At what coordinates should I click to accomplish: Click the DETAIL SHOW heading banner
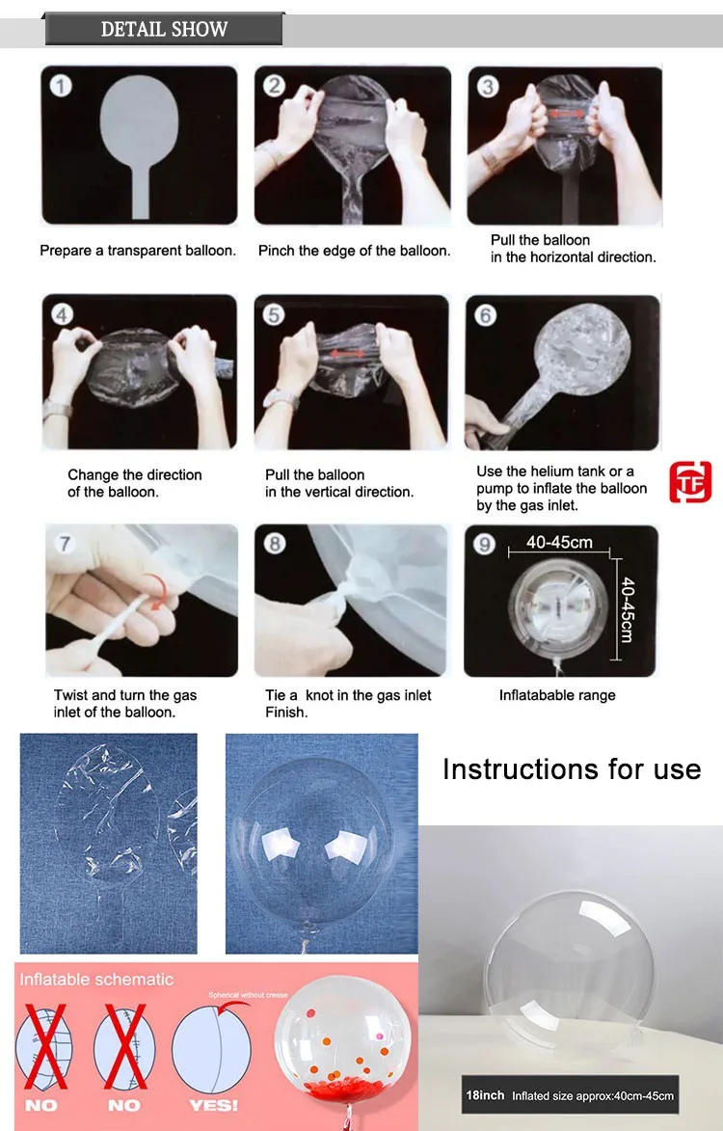coord(164,30)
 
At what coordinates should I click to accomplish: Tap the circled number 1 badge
coord(61,86)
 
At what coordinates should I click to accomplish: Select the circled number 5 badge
coord(273,314)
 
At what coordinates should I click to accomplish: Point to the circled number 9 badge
coord(484,544)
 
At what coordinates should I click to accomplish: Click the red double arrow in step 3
coord(567,113)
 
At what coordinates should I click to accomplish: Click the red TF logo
coord(690,482)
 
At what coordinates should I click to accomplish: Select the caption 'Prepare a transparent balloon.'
coord(138,251)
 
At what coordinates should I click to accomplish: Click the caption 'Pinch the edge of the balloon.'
coord(354,251)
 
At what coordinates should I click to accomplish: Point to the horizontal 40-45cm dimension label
coord(559,542)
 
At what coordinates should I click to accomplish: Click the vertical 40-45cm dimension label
coord(628,609)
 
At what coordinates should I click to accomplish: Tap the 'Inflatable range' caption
coord(557,695)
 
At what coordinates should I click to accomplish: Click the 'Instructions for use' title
coord(572,768)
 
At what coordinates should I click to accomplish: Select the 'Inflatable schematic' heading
coord(96,980)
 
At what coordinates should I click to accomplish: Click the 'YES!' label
coord(213,1105)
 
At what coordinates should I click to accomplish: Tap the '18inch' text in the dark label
coord(485,1095)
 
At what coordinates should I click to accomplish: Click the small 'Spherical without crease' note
coord(248,995)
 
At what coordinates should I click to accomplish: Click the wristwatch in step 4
coord(57,411)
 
